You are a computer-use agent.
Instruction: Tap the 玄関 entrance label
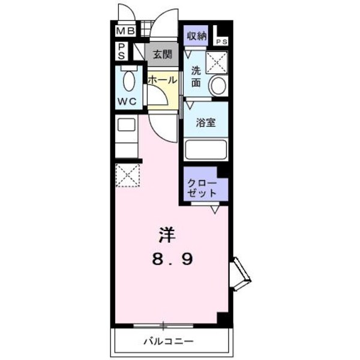coord(161,55)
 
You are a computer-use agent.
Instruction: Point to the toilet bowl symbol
coord(128,80)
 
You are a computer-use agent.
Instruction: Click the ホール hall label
coord(162,80)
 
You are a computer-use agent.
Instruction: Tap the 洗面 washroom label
coord(196,76)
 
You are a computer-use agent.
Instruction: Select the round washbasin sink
coord(218,86)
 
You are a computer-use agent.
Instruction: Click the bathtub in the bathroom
coord(206,148)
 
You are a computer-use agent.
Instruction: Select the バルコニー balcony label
coord(168,342)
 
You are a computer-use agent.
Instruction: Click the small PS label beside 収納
coord(221,42)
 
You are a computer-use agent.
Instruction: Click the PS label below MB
coord(121,50)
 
